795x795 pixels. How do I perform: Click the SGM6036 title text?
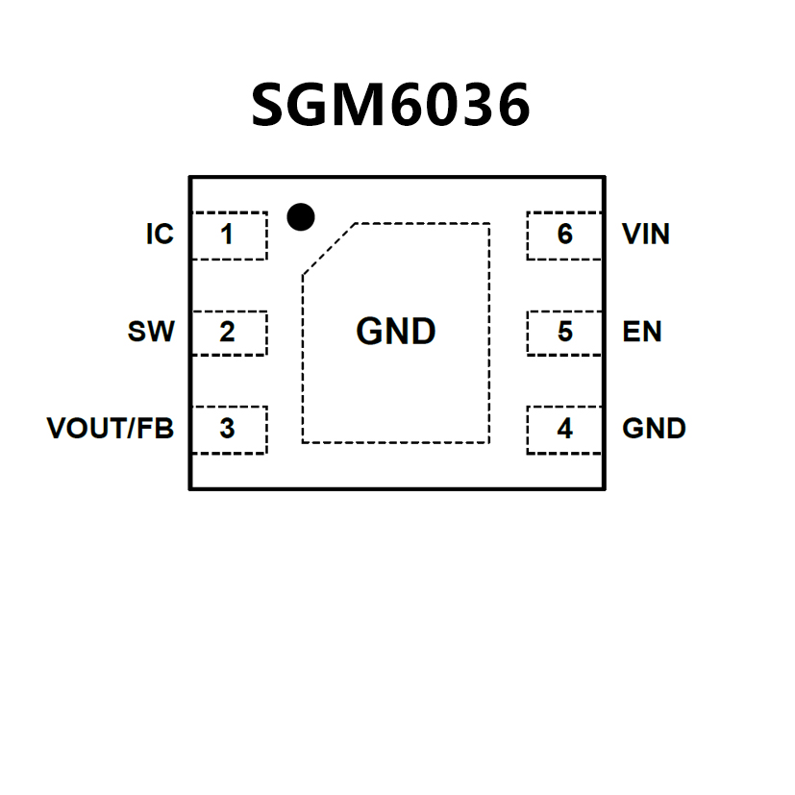[x=390, y=105]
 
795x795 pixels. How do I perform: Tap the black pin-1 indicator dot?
[x=301, y=217]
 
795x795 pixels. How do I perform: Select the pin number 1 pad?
[x=228, y=236]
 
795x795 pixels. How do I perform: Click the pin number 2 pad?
[x=228, y=333]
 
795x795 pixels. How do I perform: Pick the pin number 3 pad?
[x=228, y=429]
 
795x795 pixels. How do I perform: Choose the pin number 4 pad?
[x=565, y=429]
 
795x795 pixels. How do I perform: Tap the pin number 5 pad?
[x=565, y=333]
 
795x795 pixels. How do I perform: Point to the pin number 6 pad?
[x=565, y=236]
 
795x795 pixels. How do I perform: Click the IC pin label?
[x=160, y=235]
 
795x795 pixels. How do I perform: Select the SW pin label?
[x=151, y=333]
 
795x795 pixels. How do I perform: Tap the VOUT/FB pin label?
[x=111, y=429]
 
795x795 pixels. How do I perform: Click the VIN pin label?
[x=646, y=235]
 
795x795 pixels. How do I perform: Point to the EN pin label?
[x=642, y=333]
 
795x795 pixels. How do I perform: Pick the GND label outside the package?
[x=655, y=429]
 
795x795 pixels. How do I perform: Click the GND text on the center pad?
[x=396, y=333]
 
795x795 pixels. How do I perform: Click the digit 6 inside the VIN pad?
[x=565, y=235]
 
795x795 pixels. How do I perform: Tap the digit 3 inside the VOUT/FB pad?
[x=227, y=429]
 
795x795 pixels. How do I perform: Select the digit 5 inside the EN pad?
[x=565, y=333]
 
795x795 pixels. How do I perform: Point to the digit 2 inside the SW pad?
[x=227, y=333]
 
